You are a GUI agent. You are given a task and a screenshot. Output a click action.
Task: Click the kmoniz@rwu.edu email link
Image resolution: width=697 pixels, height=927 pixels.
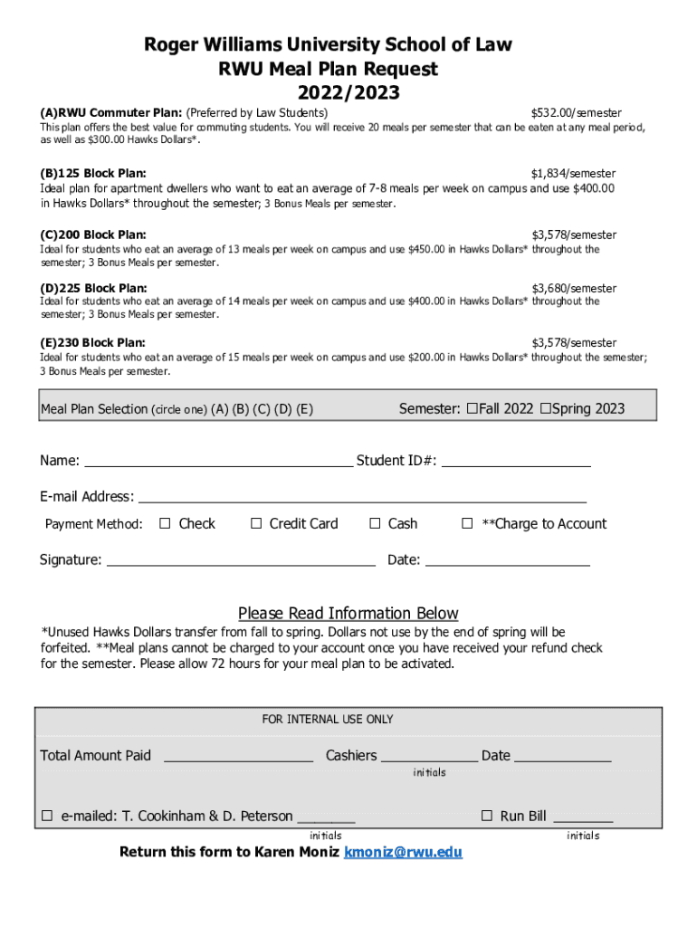(x=403, y=853)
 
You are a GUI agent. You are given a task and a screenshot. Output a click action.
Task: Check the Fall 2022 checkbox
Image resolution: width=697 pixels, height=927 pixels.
(x=472, y=408)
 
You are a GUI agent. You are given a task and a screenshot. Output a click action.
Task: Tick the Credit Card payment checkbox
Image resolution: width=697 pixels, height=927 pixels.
(x=256, y=523)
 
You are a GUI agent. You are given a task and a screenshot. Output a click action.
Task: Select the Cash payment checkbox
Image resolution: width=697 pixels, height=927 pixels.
(x=375, y=523)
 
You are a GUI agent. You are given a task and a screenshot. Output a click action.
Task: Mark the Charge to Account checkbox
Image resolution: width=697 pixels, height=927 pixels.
(x=467, y=523)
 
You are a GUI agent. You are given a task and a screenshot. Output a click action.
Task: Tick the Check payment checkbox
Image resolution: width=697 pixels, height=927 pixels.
(x=165, y=523)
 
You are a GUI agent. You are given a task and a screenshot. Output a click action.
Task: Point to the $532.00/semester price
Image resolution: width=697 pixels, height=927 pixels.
(x=576, y=113)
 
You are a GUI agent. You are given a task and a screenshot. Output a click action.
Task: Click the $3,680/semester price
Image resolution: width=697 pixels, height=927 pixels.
(x=573, y=289)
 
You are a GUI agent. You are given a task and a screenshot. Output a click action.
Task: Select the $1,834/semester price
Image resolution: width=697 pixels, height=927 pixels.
(x=573, y=173)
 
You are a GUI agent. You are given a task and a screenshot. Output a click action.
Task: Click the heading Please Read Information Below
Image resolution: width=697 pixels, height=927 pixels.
(x=348, y=613)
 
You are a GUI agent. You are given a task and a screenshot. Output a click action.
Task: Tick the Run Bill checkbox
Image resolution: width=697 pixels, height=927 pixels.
(x=486, y=816)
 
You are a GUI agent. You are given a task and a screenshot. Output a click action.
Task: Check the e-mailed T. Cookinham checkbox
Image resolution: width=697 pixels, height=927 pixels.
(x=47, y=816)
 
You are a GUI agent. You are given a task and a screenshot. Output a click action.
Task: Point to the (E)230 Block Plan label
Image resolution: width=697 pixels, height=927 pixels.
(x=92, y=343)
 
